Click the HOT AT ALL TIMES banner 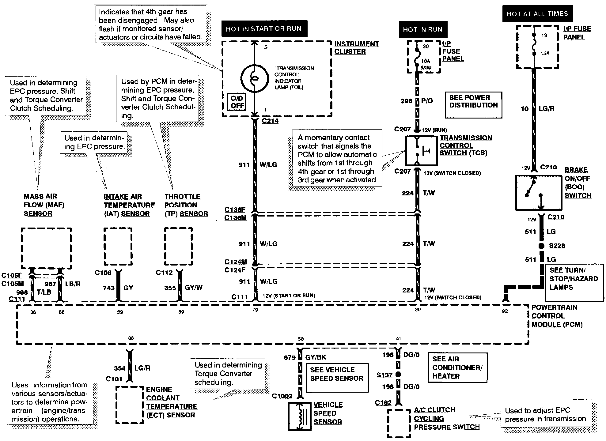click(x=537, y=14)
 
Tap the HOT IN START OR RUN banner click(x=264, y=29)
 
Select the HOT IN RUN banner click(x=423, y=29)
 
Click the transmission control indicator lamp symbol click(x=254, y=79)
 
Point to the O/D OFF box click(x=237, y=102)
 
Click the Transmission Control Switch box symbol click(x=421, y=151)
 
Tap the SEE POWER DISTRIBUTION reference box click(x=473, y=105)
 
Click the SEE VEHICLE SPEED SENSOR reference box click(x=337, y=378)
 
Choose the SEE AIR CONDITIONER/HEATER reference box click(x=457, y=367)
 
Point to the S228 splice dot click(x=541, y=246)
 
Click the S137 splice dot click(x=398, y=374)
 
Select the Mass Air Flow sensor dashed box click(x=46, y=248)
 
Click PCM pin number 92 click(x=505, y=311)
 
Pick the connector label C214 click(x=270, y=121)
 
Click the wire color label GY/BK click(x=316, y=357)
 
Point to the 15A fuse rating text click(x=545, y=53)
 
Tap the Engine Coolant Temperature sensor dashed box click(x=130, y=405)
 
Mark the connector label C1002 click(x=282, y=396)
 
